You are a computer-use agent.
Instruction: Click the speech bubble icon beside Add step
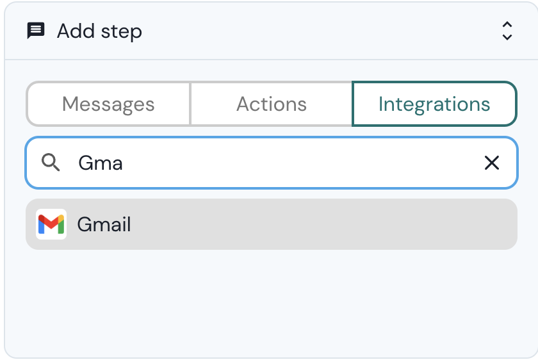coord(36,31)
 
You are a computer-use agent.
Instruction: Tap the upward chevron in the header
coord(507,25)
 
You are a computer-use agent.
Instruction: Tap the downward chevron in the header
coord(507,37)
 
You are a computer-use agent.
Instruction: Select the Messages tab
coord(108,104)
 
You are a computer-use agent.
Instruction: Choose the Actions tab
coord(272,104)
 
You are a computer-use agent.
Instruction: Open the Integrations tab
coord(434,104)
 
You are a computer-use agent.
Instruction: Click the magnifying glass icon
coord(51,163)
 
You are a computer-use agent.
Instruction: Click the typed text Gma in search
coord(101,163)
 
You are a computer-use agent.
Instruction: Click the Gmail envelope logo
coord(51,224)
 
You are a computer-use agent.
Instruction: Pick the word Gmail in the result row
coord(104,224)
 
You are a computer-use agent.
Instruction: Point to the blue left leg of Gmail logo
coord(41,226)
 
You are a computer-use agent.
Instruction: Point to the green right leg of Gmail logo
coord(61,226)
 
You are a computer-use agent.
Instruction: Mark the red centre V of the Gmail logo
coord(51,224)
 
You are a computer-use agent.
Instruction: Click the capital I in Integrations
coord(381,104)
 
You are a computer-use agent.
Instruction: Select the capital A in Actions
coord(243,104)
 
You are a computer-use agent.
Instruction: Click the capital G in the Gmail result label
coord(84,224)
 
